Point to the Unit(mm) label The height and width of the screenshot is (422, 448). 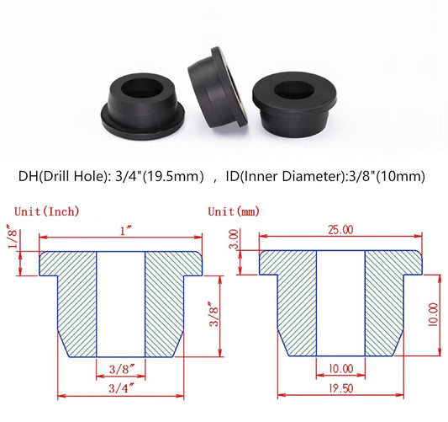click(230, 211)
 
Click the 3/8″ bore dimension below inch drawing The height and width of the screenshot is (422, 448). click(122, 368)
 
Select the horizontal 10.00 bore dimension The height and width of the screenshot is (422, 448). click(340, 368)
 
